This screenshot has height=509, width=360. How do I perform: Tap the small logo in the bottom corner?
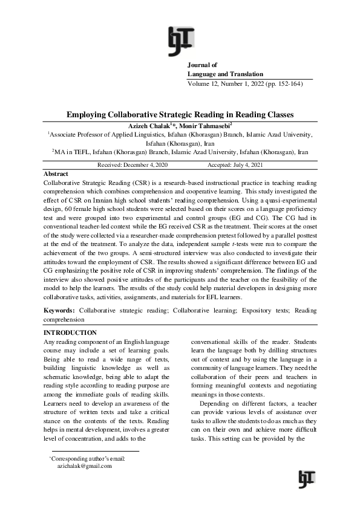tap(307, 478)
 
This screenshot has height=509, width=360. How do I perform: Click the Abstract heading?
tap(57, 173)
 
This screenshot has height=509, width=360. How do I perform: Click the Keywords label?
tap(60, 310)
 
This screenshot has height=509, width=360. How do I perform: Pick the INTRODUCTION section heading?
tap(71, 332)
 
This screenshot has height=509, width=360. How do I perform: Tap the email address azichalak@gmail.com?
tap(84, 466)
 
